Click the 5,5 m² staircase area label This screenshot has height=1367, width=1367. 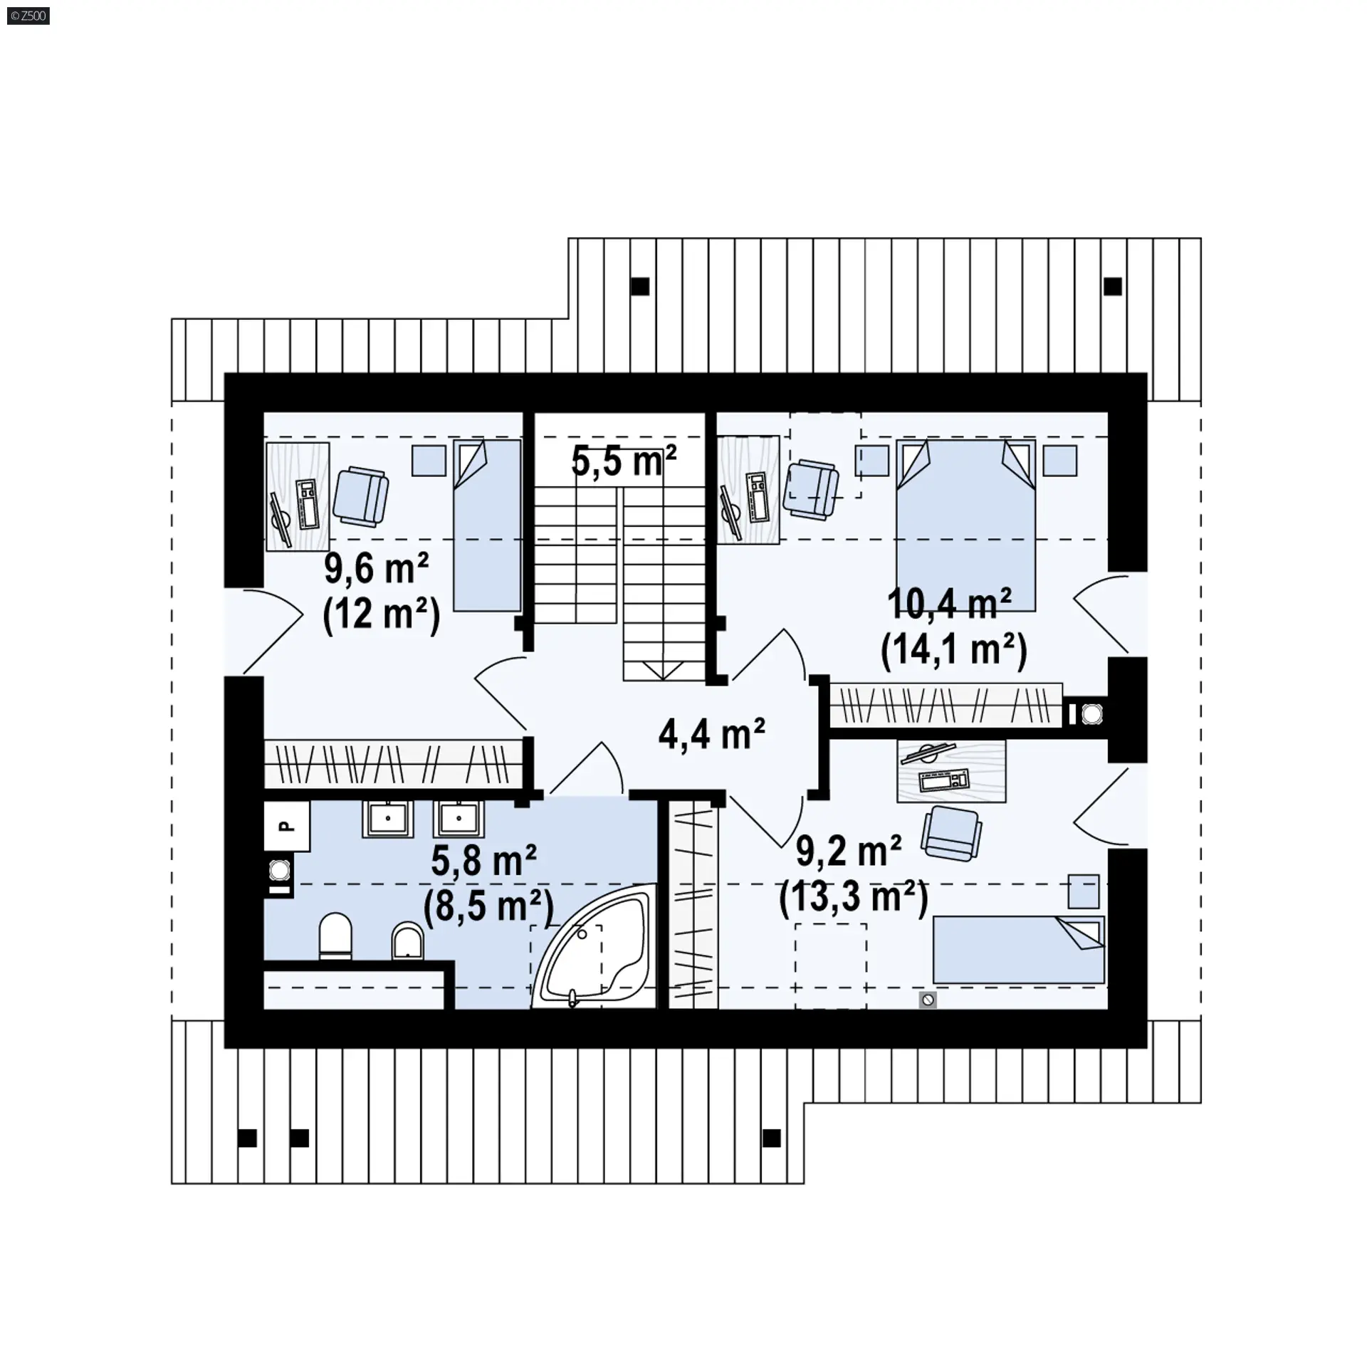point(624,461)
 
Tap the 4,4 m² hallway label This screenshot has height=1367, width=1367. point(711,733)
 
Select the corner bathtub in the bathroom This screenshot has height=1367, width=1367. point(594,946)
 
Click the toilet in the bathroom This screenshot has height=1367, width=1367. point(335,936)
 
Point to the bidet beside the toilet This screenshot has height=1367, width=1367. point(408,941)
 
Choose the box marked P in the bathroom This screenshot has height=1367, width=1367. point(287,826)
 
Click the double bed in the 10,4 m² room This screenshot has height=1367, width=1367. point(965,525)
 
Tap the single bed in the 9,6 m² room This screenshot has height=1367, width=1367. point(488,525)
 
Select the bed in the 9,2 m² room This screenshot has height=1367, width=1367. point(1019,950)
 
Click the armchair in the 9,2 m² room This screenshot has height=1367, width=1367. point(951,833)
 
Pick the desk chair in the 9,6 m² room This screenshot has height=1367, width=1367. point(361,496)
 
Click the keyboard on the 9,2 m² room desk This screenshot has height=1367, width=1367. point(944,781)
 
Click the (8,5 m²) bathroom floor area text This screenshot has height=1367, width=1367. point(488,906)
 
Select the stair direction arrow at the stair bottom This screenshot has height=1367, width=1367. point(663,670)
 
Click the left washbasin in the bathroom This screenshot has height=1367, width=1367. point(388,819)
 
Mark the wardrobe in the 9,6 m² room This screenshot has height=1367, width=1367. point(394,763)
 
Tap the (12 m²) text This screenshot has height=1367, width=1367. point(382,614)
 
